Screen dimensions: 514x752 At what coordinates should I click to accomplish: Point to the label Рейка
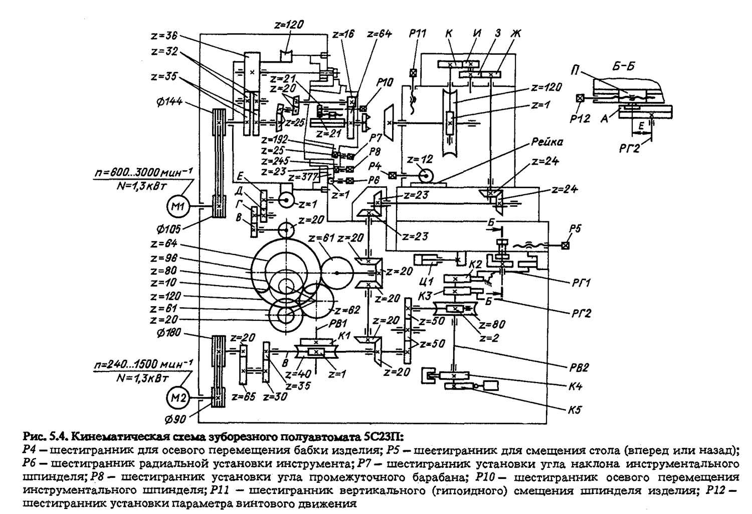tap(548, 142)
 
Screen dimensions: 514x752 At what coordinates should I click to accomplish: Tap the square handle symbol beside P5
tap(566, 245)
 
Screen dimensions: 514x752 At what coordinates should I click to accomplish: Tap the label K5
tap(575, 409)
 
